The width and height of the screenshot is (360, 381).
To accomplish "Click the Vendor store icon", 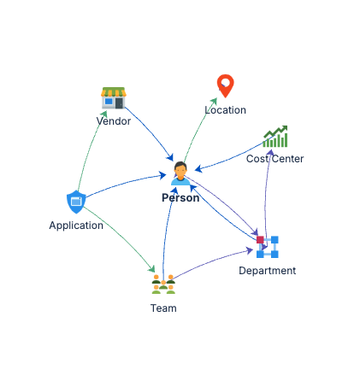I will (x=114, y=97).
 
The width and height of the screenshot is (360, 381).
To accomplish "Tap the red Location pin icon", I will (x=225, y=85).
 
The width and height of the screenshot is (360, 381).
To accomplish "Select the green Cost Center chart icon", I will (x=275, y=137).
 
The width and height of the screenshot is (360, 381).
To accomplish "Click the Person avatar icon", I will (x=180, y=173).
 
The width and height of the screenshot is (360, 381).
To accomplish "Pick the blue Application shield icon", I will (x=76, y=202).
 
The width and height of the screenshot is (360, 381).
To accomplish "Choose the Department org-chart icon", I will (x=268, y=247).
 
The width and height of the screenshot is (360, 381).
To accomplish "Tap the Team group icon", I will (x=163, y=284).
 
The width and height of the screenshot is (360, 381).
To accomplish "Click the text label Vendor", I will (x=114, y=121).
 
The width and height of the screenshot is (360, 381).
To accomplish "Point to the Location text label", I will (x=226, y=110).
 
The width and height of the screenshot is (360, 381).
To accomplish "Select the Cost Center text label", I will (x=275, y=159).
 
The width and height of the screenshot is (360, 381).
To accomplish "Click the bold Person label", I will (x=180, y=198).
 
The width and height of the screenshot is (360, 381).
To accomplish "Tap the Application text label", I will (x=76, y=226).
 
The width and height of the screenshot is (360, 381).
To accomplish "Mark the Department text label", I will (x=268, y=271).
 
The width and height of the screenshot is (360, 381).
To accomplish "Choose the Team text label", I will (x=163, y=308).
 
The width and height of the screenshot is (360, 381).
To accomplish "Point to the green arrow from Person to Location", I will (x=199, y=126).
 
